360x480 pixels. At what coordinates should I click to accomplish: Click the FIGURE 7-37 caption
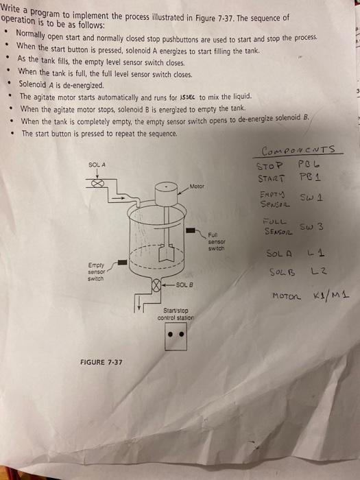coord(101,362)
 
